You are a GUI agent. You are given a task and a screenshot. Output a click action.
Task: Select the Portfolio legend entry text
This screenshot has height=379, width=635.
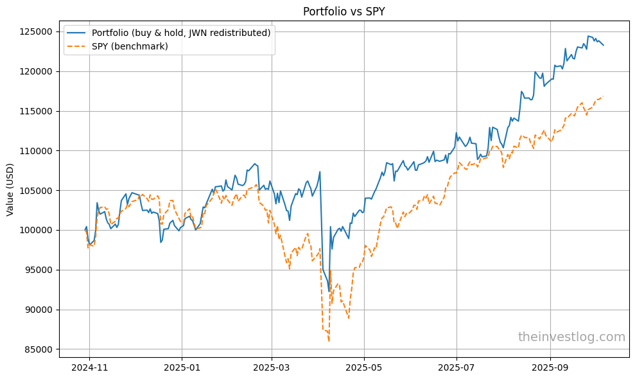click(181, 33)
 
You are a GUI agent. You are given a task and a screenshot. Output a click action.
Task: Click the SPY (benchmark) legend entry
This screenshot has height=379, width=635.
click(130, 46)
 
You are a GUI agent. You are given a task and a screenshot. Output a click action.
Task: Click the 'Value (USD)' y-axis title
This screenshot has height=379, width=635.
click(11, 190)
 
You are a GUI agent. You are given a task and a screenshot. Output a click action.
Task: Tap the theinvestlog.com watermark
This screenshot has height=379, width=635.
click(571, 337)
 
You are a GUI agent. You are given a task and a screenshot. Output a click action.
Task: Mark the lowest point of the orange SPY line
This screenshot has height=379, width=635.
click(329, 341)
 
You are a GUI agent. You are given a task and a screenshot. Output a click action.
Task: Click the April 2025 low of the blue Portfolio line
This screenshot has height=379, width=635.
click(329, 292)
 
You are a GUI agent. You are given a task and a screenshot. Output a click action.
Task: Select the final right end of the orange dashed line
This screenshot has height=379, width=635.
click(604, 96)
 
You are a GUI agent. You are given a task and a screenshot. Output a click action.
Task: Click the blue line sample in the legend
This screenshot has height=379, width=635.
click(78, 33)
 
